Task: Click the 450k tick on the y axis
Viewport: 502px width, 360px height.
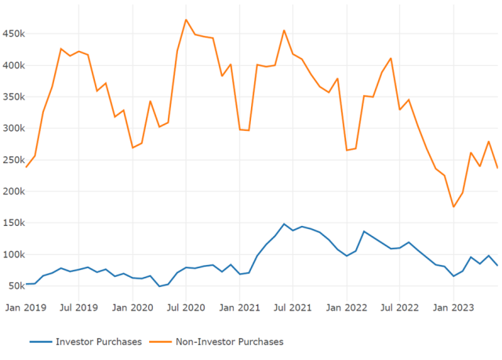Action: (13, 34)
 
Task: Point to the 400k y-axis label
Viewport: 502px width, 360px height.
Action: (13, 65)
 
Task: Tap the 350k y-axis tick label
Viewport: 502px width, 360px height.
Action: (13, 96)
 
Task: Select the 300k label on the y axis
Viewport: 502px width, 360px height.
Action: (13, 128)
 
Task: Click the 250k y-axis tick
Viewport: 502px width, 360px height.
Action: (13, 160)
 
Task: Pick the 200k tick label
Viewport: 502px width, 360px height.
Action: (13, 191)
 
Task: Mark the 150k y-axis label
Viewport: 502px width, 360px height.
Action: (13, 223)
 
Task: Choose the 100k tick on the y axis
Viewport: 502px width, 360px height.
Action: (13, 254)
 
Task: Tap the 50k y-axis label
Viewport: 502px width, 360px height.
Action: (15, 285)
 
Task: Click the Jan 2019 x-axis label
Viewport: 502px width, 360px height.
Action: (26, 307)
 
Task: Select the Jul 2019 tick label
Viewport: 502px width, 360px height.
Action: (78, 307)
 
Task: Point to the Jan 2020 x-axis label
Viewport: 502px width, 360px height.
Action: (133, 307)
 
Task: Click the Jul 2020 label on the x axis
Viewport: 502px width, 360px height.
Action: (186, 307)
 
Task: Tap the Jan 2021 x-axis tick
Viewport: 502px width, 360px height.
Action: (239, 307)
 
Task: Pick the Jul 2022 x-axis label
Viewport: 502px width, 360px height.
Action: (399, 307)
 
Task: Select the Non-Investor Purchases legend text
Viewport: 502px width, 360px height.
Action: (229, 342)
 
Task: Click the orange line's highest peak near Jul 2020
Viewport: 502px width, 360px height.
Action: (186, 20)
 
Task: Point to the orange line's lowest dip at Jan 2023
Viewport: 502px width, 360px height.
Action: (453, 207)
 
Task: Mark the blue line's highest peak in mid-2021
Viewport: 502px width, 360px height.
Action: (284, 224)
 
